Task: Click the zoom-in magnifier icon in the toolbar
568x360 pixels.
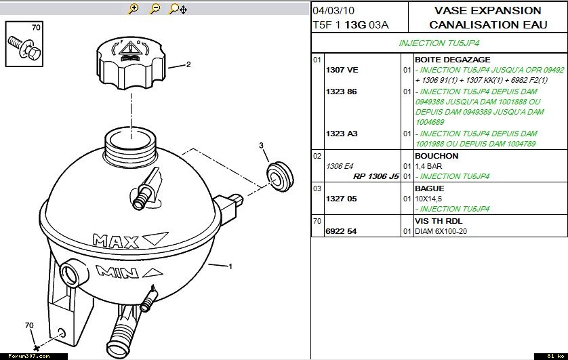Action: pyautogui.click(x=134, y=9)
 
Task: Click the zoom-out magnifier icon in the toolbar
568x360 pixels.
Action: pyautogui.click(x=155, y=9)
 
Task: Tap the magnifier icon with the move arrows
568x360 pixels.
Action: pyautogui.click(x=178, y=9)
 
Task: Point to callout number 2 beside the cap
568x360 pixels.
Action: pyautogui.click(x=188, y=64)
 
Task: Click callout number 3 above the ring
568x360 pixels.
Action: pyautogui.click(x=261, y=145)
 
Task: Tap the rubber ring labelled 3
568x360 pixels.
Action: pyautogui.click(x=280, y=176)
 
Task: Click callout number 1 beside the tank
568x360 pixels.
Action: pyautogui.click(x=230, y=266)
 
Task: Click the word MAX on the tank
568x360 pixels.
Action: pyautogui.click(x=115, y=241)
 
